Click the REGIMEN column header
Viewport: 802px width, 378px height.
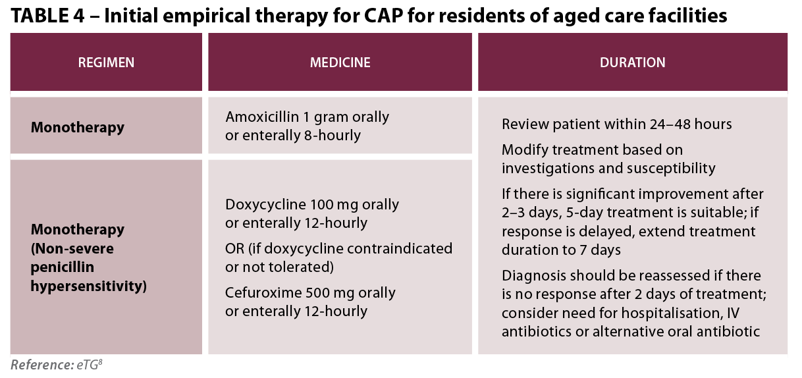pyautogui.click(x=106, y=63)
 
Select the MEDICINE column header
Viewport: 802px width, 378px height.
pyautogui.click(x=340, y=63)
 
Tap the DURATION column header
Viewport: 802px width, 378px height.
pyautogui.click(x=633, y=63)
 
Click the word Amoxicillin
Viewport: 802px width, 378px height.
pyautogui.click(x=262, y=117)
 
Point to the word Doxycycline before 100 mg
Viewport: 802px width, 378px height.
pyautogui.click(x=265, y=205)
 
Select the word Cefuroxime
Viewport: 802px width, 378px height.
pyautogui.click(x=263, y=293)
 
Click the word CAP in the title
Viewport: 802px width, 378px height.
pyautogui.click(x=383, y=16)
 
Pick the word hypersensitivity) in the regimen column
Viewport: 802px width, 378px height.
pyautogui.click(x=89, y=286)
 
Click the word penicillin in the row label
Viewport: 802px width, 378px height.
pyautogui.click(x=63, y=267)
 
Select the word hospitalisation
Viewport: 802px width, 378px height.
pyautogui.click(x=670, y=313)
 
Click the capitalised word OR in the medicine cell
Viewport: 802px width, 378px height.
pyautogui.click(x=234, y=249)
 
